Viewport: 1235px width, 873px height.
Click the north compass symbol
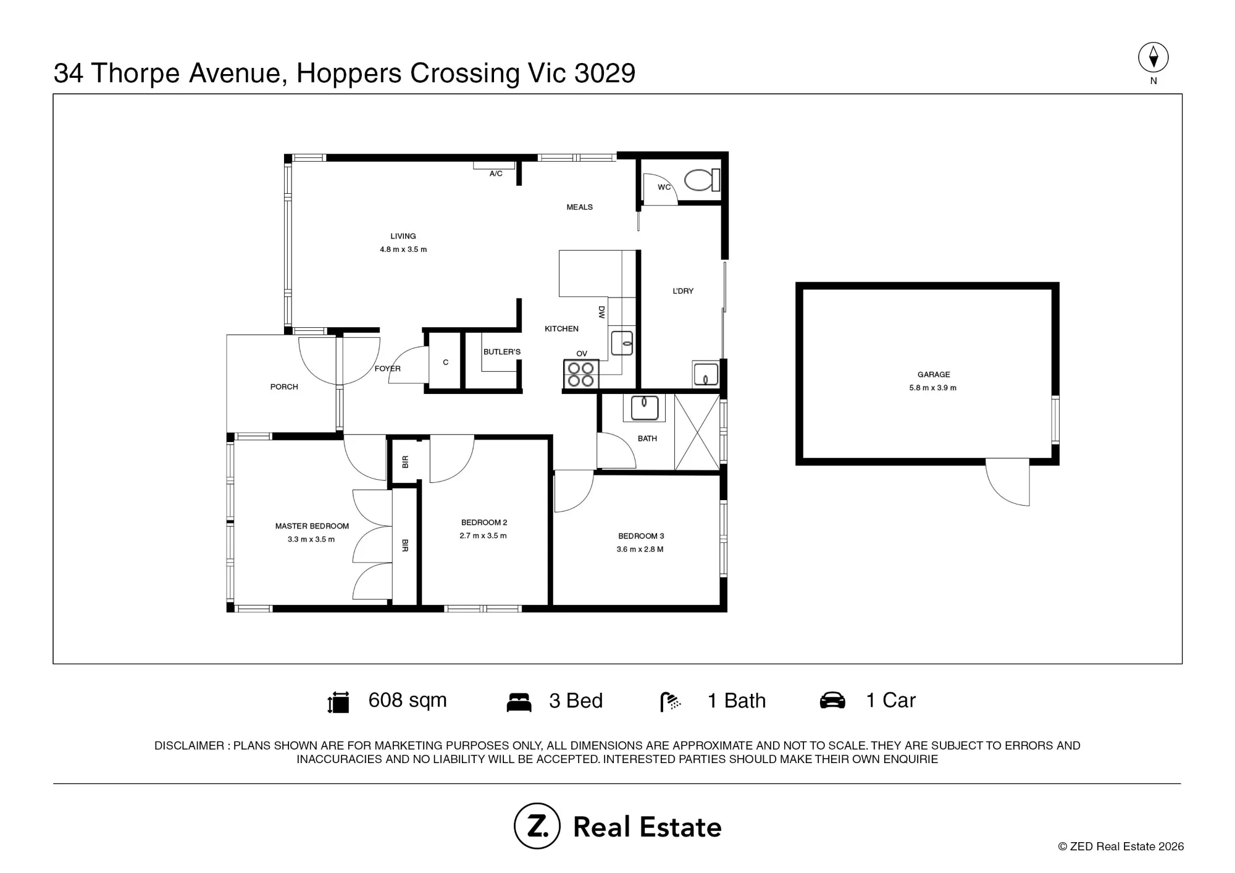(x=1153, y=58)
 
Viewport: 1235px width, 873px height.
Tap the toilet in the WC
(x=702, y=180)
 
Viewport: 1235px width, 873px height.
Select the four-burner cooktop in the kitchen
(x=580, y=374)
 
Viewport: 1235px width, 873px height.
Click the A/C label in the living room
(x=496, y=174)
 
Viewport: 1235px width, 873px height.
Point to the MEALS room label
(x=580, y=207)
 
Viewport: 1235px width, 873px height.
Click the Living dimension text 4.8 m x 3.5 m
(x=403, y=249)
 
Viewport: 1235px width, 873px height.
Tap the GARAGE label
(x=934, y=375)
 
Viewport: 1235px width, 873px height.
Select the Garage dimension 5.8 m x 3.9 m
(x=933, y=388)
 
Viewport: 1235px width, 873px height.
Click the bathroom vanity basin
(x=644, y=408)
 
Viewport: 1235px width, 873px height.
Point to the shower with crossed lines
(x=697, y=432)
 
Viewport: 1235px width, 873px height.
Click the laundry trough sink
(x=705, y=374)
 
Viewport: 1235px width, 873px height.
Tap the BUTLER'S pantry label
(x=502, y=352)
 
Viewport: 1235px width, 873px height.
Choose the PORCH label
(x=284, y=387)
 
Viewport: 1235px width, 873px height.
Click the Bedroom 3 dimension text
(x=640, y=549)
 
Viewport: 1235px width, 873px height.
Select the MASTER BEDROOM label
(x=312, y=526)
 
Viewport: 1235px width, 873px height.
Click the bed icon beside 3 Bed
(x=519, y=702)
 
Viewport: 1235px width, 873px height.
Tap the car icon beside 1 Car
(x=832, y=701)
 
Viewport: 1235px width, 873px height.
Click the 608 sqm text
(x=408, y=700)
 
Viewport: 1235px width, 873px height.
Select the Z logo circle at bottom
(x=537, y=826)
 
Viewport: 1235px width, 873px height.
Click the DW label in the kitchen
(x=601, y=312)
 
